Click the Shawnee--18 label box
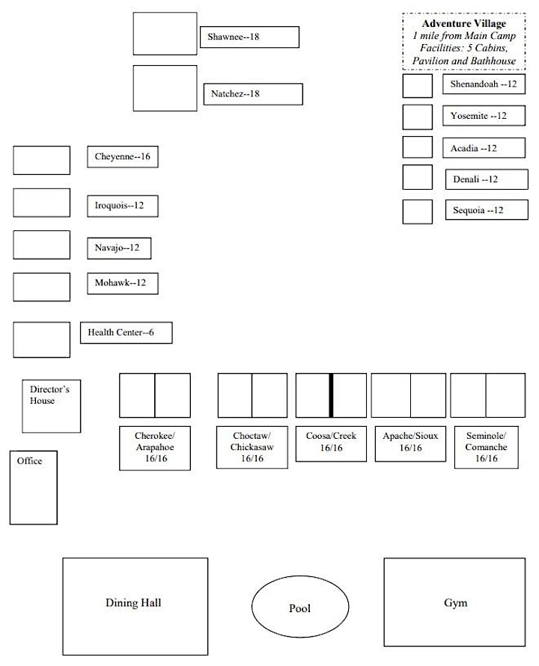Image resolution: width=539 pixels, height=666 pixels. [x=249, y=37]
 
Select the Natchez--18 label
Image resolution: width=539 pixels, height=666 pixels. [x=253, y=94]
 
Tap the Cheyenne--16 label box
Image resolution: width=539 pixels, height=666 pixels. [x=123, y=157]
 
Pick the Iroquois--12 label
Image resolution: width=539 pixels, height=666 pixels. [x=123, y=206]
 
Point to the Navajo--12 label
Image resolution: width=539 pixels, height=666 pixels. [x=119, y=248]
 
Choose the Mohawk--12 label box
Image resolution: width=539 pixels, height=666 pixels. [x=123, y=283]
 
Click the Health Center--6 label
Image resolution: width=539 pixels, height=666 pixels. [x=127, y=333]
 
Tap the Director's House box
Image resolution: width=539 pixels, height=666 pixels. [x=52, y=406]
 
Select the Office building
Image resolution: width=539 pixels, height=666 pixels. [x=34, y=487]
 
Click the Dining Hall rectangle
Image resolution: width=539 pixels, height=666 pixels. [x=135, y=606]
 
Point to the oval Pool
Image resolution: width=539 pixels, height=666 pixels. [x=300, y=606]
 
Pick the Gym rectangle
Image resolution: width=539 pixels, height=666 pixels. [x=454, y=602]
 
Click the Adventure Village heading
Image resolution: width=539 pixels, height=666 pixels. [x=464, y=23]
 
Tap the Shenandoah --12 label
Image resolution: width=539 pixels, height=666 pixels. [x=484, y=84]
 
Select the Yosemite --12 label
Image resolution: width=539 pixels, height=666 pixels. [x=484, y=116]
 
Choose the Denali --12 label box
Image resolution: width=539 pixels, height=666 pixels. [x=487, y=179]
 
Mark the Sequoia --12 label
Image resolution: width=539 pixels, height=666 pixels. [x=487, y=210]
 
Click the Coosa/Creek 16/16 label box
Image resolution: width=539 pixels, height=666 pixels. [x=331, y=444]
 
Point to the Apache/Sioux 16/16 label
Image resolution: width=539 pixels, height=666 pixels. [x=410, y=444]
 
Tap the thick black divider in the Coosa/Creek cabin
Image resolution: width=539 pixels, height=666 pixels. [x=331, y=395]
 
